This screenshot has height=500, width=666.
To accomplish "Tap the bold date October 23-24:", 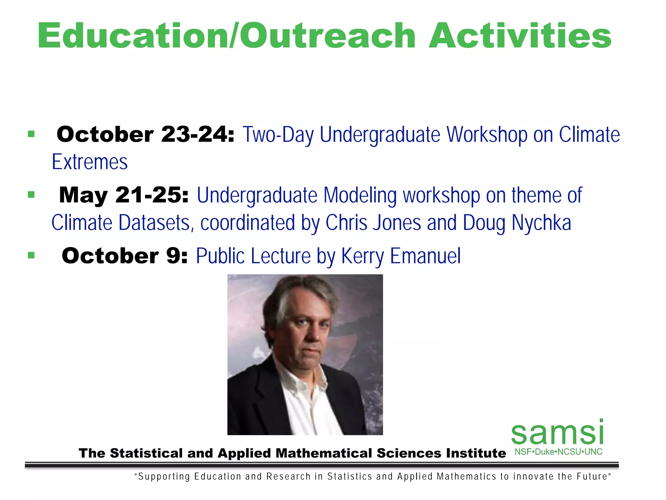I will coord(145,134).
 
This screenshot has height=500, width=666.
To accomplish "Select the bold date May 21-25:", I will coord(124,195).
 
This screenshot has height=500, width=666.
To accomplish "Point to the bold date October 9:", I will coord(125,256).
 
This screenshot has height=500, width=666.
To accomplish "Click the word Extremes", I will coord(90,162).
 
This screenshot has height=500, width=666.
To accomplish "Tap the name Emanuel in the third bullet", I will coord(425,256).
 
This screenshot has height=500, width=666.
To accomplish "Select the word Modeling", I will coord(360,195).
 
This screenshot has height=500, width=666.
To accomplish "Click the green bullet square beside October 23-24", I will coord(31,134).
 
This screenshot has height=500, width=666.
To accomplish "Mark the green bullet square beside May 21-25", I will coord(31,195).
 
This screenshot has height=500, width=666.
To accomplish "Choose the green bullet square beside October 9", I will coord(31,255).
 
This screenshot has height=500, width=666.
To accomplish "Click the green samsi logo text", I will coord(557,433).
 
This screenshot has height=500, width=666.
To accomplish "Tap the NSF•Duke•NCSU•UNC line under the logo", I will coord(558,452).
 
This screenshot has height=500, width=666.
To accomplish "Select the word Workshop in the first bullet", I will coord(487,134).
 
